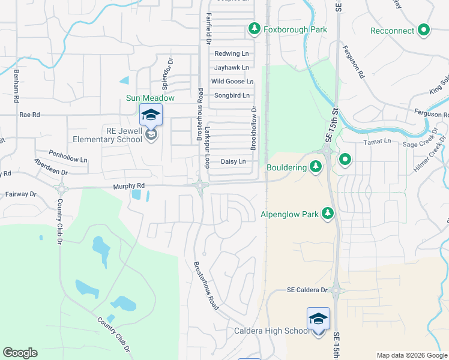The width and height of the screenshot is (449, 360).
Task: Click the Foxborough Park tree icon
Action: tap(255, 29)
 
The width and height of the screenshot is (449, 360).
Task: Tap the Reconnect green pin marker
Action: tap(424, 29)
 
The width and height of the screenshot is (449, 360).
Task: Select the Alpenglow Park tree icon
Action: tap(327, 214)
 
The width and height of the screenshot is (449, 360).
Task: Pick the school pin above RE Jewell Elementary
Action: tap(151, 115)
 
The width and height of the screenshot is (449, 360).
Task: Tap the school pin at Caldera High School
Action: tap(318, 319)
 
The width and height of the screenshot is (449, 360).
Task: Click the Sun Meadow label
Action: tap(150, 98)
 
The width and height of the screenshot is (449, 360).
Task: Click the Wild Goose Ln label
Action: tap(232, 82)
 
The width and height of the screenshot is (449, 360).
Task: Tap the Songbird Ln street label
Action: tap(232, 95)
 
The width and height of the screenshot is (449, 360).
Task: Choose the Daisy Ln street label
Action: tap(234, 162)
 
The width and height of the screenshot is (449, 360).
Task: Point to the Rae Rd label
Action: tap(29, 114)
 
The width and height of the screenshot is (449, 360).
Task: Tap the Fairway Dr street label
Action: tap(21, 194)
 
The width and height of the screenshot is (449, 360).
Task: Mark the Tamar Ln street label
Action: tap(378, 141)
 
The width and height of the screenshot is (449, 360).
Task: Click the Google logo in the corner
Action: tap(20, 352)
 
